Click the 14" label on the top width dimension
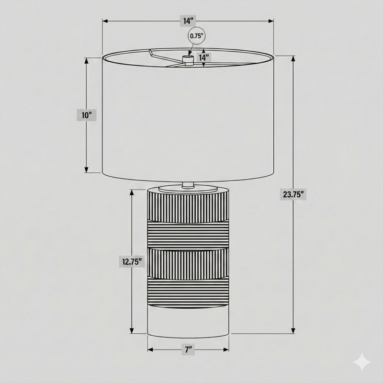pos(188,21)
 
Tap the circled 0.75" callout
pos(197,36)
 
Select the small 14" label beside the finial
pos(203,58)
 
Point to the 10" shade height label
pos(87,115)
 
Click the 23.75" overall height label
pos(293,195)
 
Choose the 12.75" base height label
pos(132,261)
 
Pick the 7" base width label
pos(188,350)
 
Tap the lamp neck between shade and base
pos(188,185)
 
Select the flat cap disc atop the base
pos(188,188)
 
